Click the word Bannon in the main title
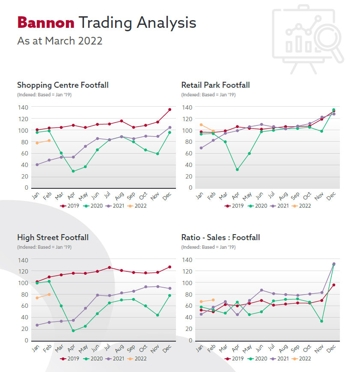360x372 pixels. click(x=45, y=22)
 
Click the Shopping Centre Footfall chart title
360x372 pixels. click(x=62, y=85)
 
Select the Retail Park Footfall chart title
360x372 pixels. click(x=215, y=85)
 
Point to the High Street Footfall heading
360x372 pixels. click(x=53, y=237)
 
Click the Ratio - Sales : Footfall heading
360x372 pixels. click(x=220, y=237)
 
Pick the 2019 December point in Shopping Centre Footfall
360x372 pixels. click(x=170, y=110)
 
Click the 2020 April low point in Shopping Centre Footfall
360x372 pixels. click(x=73, y=171)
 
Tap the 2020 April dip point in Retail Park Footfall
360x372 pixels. click(x=237, y=170)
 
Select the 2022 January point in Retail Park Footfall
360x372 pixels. click(x=201, y=125)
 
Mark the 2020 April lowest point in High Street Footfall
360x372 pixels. click(x=73, y=330)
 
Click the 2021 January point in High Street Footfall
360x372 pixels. click(x=37, y=325)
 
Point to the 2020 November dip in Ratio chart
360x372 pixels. click(x=321, y=321)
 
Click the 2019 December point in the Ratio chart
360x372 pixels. click(x=333, y=285)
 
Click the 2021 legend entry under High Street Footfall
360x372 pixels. click(x=116, y=358)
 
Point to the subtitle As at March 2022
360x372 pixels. click(x=60, y=41)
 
